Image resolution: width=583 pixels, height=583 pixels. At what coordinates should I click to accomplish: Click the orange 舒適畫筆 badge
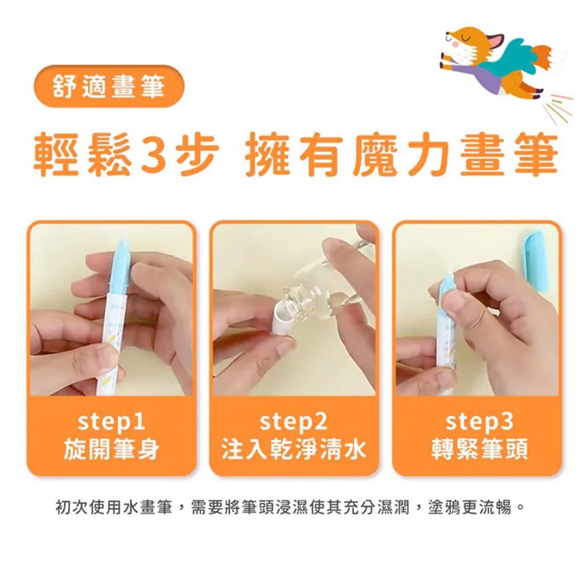109,87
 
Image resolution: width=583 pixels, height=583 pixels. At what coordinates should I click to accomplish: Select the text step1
111,422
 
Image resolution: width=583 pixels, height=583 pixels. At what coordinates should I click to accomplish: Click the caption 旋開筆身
111,449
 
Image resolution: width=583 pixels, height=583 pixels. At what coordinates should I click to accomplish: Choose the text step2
293,422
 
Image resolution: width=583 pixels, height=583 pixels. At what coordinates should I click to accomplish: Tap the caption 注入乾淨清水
294,449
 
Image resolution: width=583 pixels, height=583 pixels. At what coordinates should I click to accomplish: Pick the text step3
479,422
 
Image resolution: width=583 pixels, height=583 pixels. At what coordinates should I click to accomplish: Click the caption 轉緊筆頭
479,449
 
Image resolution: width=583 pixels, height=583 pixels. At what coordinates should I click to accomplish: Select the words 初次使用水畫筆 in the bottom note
114,507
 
